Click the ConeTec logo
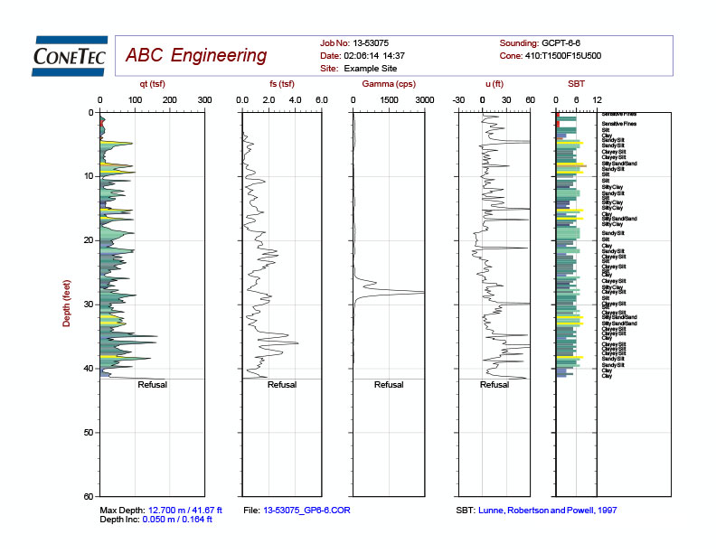pyautogui.click(x=70, y=54)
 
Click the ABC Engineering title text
pyautogui.click(x=196, y=56)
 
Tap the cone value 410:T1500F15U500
pyautogui.click(x=578, y=55)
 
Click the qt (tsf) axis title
pyautogui.click(x=152, y=84)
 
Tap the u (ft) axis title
pyautogui.click(x=494, y=84)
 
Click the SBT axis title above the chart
pyautogui.click(x=576, y=84)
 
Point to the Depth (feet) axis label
pyautogui.click(x=67, y=304)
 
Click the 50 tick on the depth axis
pyautogui.click(x=89, y=433)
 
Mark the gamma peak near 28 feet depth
pyautogui.click(x=421, y=292)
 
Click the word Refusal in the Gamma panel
pyautogui.click(x=389, y=385)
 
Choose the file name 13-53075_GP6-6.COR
pyautogui.click(x=306, y=511)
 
